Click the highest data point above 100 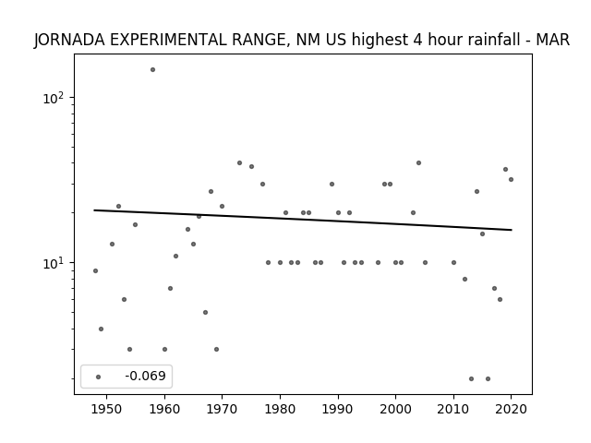coord(152,70)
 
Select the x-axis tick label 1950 coord(106,409)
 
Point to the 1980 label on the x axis coord(280,409)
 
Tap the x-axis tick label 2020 coord(511,409)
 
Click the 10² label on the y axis coord(54,99)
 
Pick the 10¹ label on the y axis coord(54,263)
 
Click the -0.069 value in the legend coord(146,376)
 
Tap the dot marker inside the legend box coord(99,377)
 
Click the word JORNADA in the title coord(69,40)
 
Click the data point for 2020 coord(511,180)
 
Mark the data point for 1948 coord(95,270)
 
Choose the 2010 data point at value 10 coord(453,262)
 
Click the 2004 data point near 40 coord(418,163)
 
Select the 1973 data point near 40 coord(239,163)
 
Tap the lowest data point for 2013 coord(471,379)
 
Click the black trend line coord(303,220)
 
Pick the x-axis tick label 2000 coord(396,409)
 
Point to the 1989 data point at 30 coord(332,185)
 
